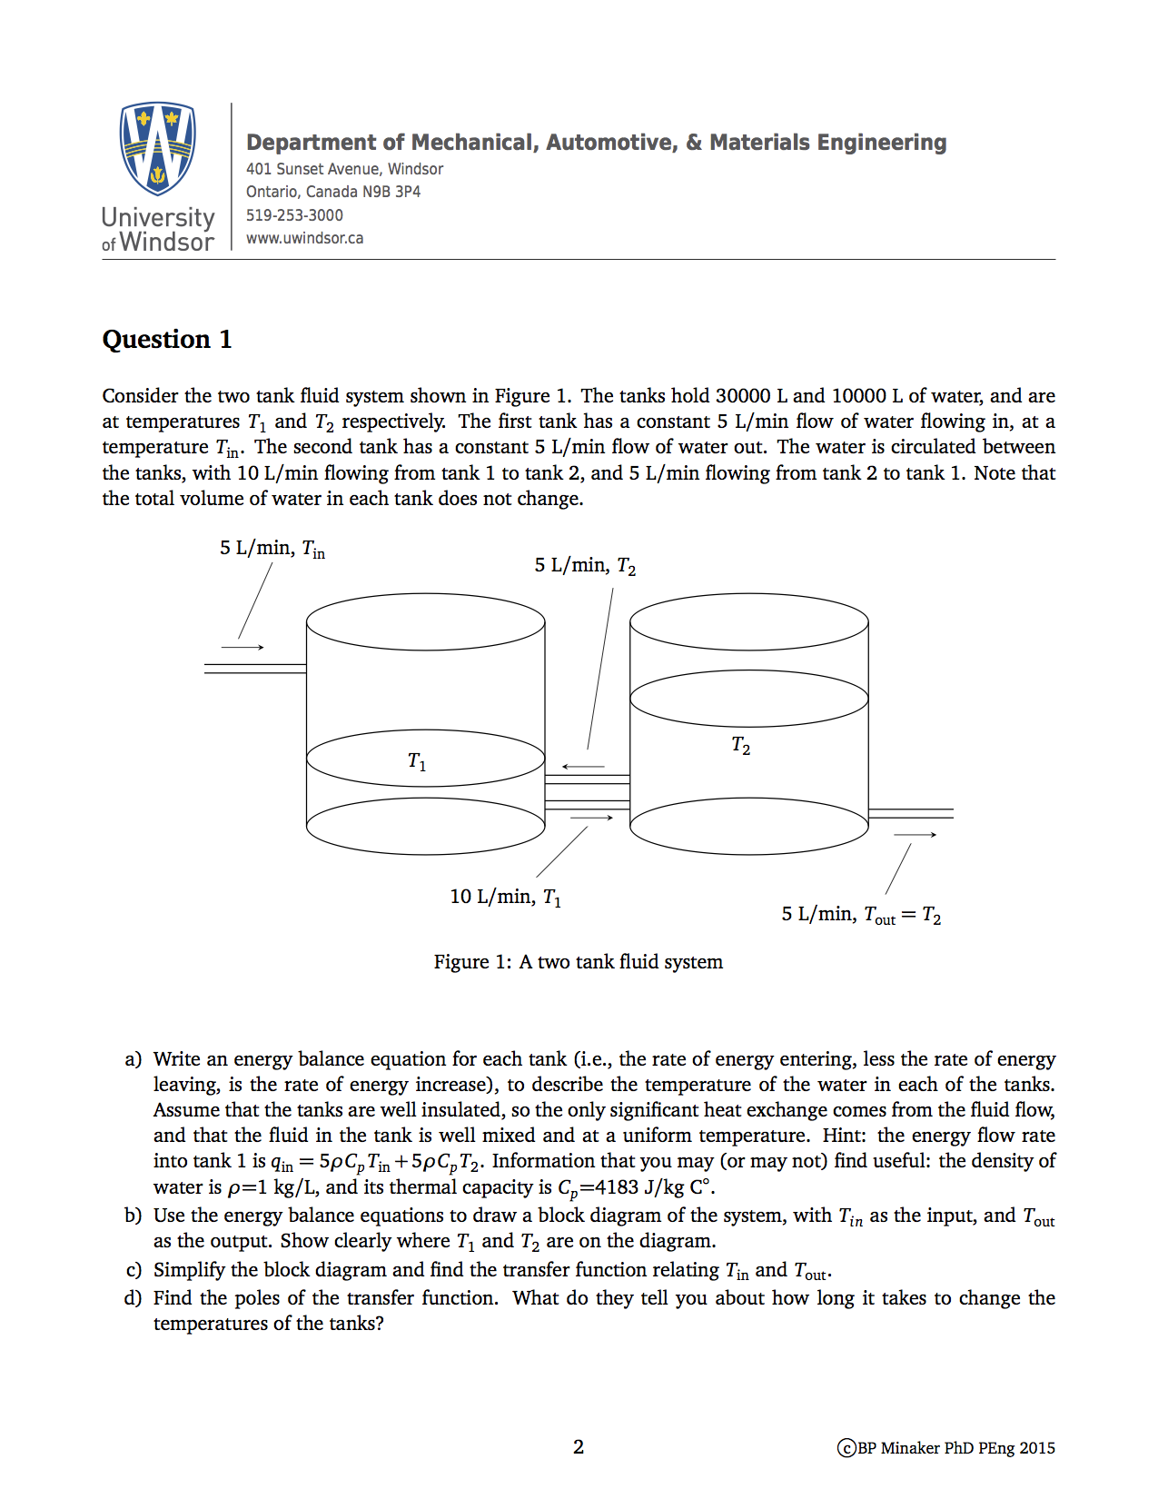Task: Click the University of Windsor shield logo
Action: coord(158,148)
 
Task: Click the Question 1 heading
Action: coord(167,340)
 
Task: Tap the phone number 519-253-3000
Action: coord(294,215)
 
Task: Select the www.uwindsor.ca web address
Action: coord(304,238)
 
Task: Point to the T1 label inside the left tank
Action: coord(417,761)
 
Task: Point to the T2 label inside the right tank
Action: coord(741,746)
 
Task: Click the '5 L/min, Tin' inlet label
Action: coord(272,549)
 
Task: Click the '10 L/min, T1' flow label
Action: coord(505,898)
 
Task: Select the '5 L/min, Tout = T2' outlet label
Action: coord(860,915)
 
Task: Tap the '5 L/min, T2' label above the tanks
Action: coord(585,566)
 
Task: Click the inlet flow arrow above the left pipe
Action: coord(242,648)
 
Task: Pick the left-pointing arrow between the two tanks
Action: coord(582,767)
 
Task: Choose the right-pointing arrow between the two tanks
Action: coord(592,819)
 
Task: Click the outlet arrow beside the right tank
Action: coord(915,835)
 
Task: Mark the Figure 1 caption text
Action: coord(578,962)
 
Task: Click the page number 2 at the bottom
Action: coord(579,1447)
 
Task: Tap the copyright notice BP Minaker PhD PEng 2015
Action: coord(946,1448)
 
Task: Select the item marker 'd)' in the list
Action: coord(134,1298)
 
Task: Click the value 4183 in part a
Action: coord(617,1187)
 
